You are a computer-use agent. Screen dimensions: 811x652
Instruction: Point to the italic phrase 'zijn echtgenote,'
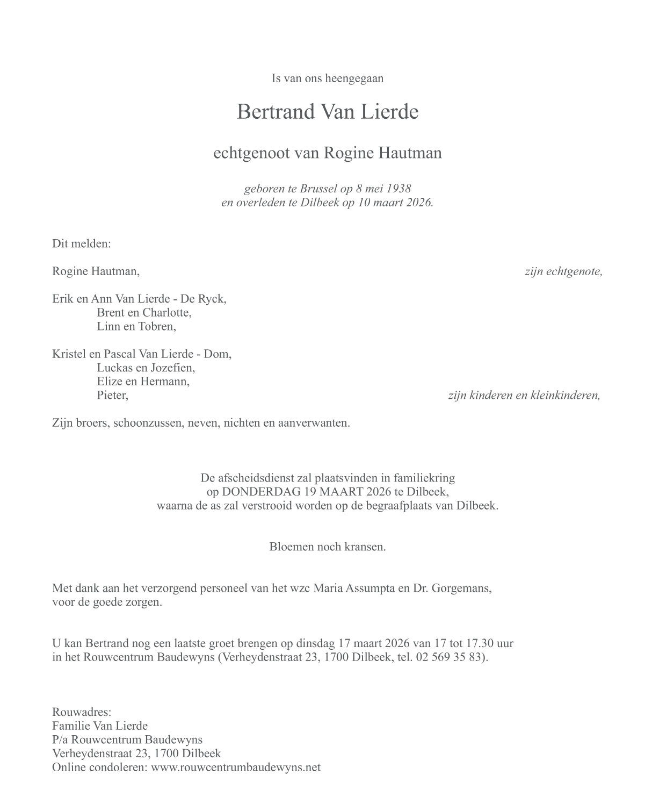pyautogui.click(x=563, y=271)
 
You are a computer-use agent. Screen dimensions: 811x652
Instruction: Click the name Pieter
pyautogui.click(x=112, y=396)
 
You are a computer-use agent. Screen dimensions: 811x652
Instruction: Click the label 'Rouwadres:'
pyautogui.click(x=82, y=712)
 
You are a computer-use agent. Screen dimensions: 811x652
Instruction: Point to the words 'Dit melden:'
pyautogui.click(x=82, y=243)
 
